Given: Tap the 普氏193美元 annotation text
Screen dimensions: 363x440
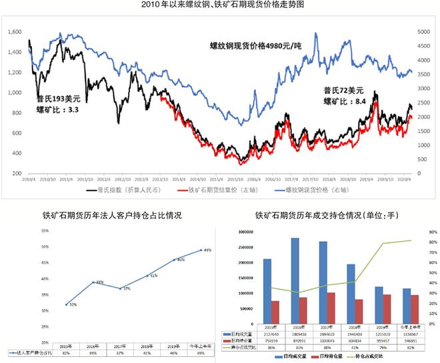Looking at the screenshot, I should [59, 99].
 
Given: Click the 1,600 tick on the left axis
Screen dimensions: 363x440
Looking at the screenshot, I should [13, 31].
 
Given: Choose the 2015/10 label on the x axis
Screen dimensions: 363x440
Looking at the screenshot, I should [235, 180].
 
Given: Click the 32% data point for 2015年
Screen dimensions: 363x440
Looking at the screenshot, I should [67, 304].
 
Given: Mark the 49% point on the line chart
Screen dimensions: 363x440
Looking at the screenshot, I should [201, 250].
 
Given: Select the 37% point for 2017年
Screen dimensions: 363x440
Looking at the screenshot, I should [120, 288].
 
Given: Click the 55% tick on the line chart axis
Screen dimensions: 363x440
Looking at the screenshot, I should [44, 230].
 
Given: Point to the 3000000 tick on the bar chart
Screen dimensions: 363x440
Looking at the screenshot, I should [244, 232].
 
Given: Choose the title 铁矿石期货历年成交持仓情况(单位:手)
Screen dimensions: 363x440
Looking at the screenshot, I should [326, 216].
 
